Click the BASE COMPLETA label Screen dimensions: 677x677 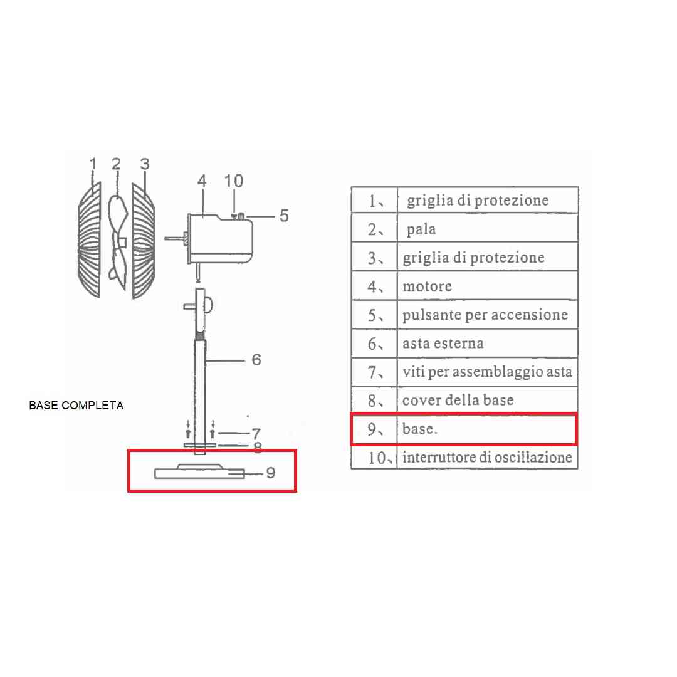(x=76, y=406)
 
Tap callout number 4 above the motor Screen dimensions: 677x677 (x=202, y=181)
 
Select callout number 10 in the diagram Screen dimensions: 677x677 (x=234, y=181)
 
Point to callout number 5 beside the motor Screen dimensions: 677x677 (x=284, y=216)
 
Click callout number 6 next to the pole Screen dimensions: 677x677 (x=256, y=360)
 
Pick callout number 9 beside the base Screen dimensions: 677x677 (x=271, y=473)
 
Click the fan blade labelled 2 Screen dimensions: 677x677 (x=118, y=243)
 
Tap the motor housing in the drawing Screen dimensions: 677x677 (x=220, y=239)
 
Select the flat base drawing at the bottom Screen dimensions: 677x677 (x=199, y=471)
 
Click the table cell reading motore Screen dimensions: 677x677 (x=427, y=286)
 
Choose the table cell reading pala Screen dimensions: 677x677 (x=421, y=229)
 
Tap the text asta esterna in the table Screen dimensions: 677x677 (x=443, y=344)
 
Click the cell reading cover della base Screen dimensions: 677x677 (x=458, y=400)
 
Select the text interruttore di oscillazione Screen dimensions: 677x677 (x=487, y=457)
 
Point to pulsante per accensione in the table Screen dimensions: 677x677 (x=485, y=315)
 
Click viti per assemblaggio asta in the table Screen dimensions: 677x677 (x=487, y=372)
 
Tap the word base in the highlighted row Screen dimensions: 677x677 (x=419, y=429)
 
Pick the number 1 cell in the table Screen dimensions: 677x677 (x=374, y=200)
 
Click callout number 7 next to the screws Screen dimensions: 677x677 (x=256, y=433)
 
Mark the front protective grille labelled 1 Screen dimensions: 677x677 (x=90, y=240)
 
